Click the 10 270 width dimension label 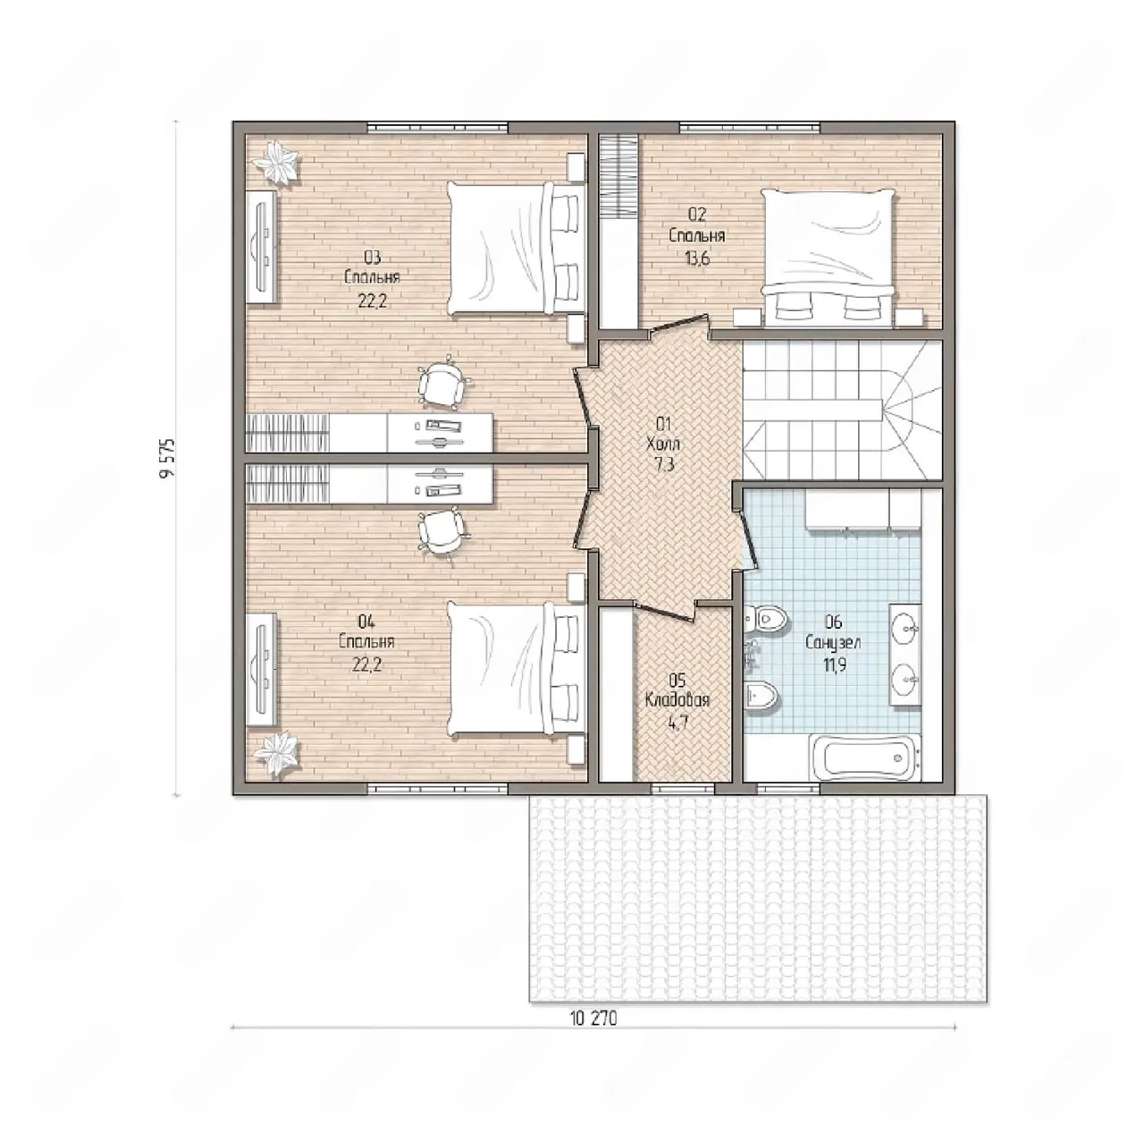593,1019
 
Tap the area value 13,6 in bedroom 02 697,259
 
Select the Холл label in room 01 664,444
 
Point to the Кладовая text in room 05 677,700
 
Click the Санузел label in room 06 834,642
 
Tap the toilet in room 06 766,619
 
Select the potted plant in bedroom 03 276,163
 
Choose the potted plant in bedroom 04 276,754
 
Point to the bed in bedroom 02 829,258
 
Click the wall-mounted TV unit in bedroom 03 262,247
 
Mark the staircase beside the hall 843,410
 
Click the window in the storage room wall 683,789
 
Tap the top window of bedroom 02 750,127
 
